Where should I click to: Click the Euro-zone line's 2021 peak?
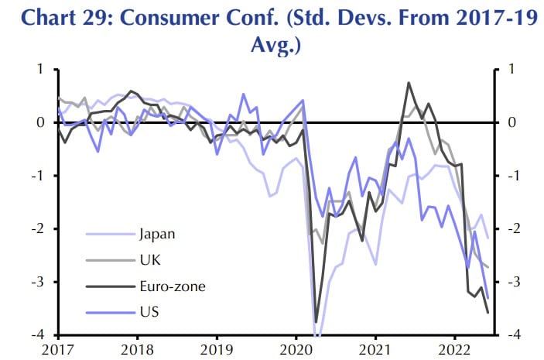click(x=409, y=83)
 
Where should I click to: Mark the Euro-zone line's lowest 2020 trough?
click(x=316, y=322)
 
